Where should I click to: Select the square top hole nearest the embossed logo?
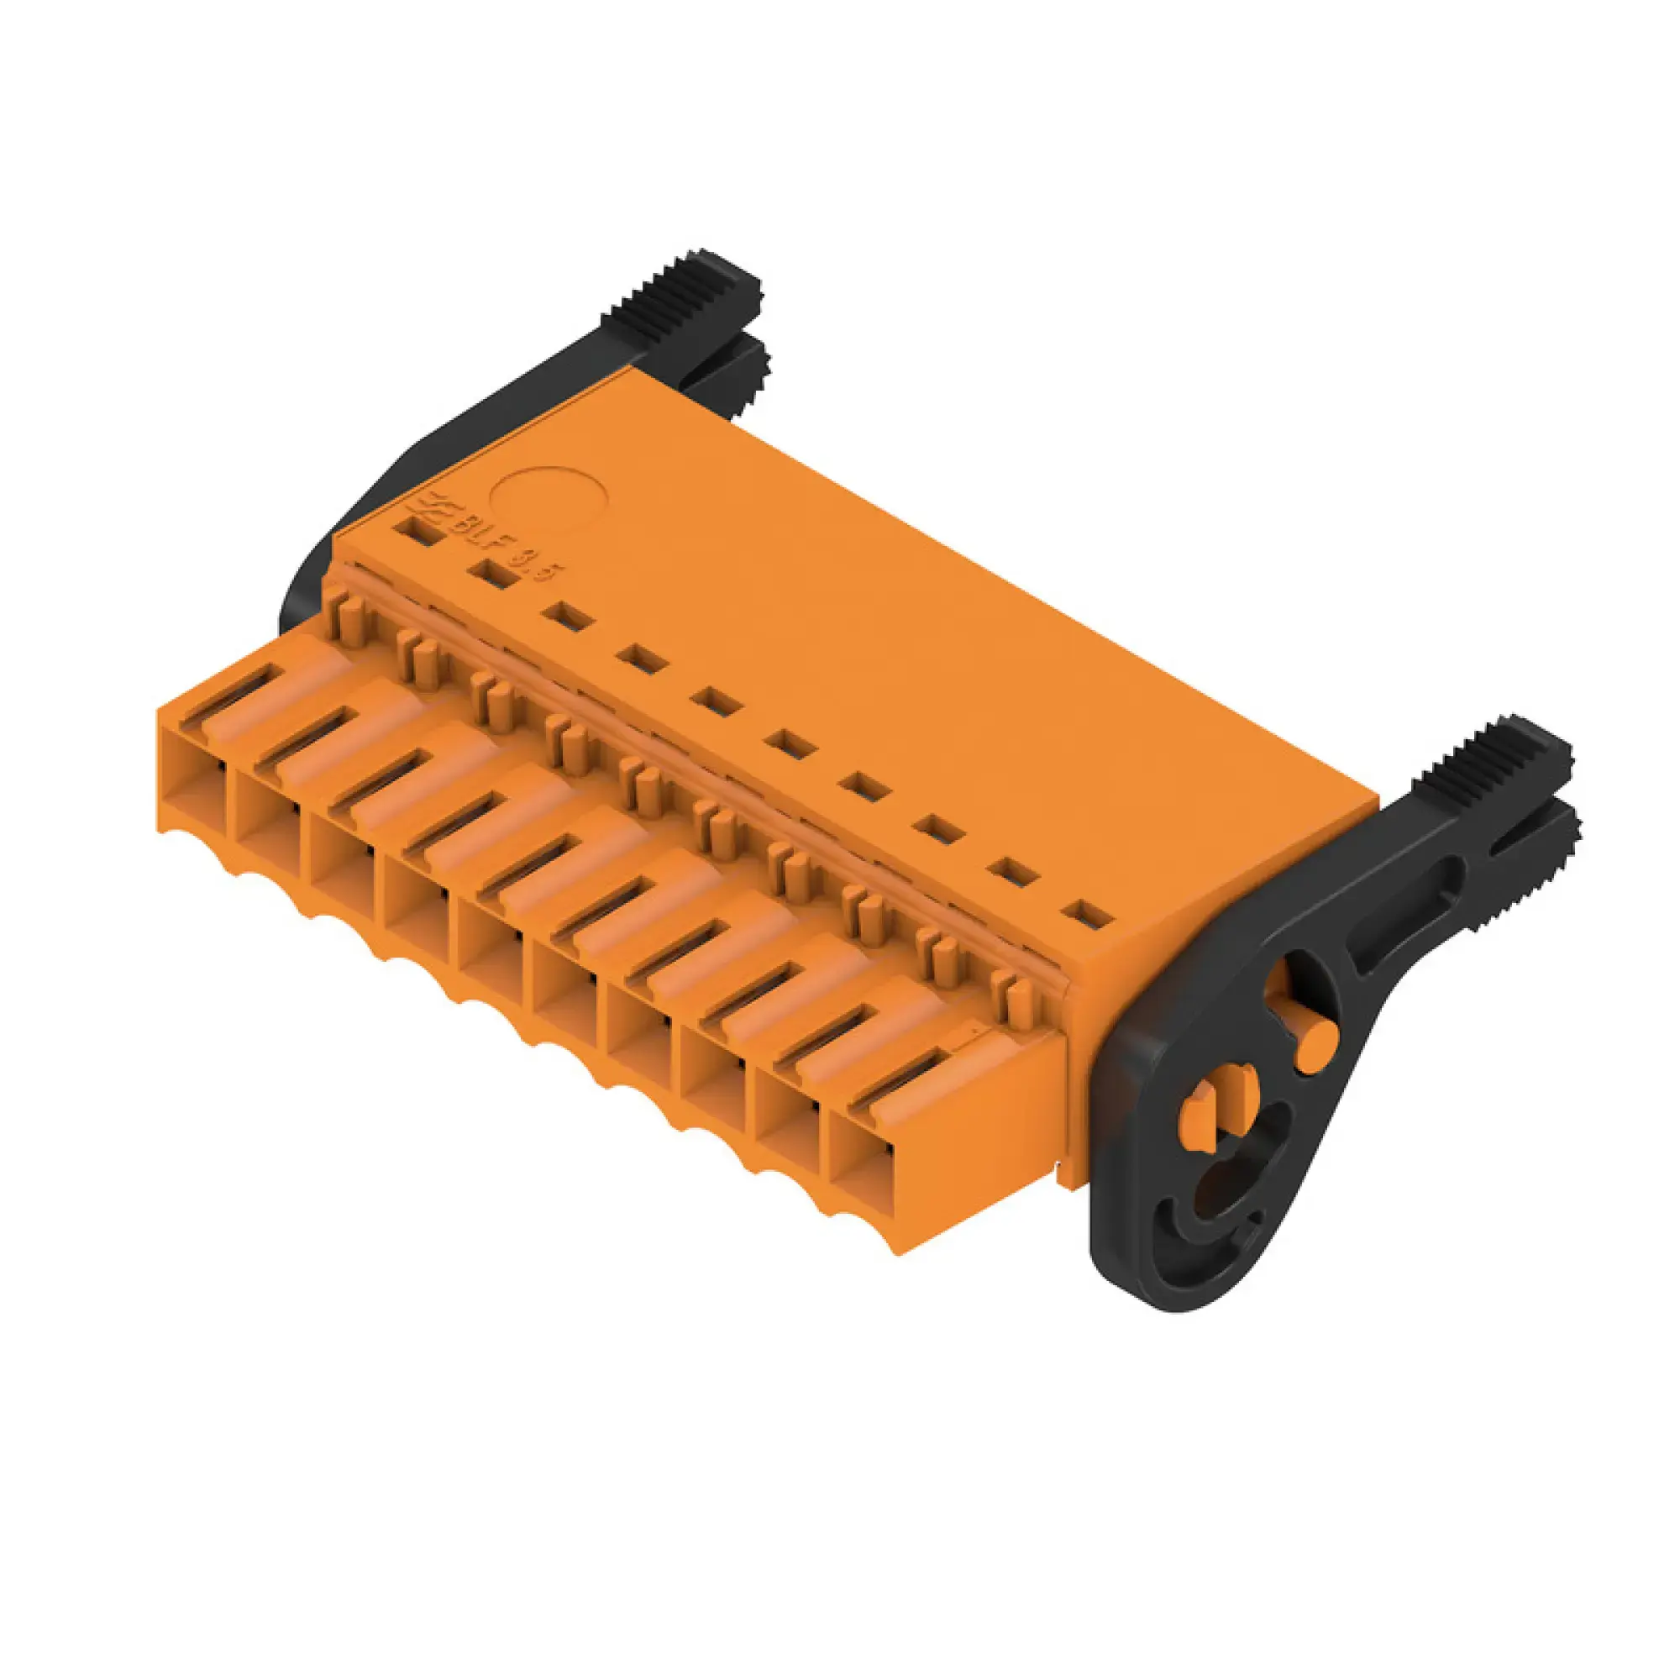point(417,533)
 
